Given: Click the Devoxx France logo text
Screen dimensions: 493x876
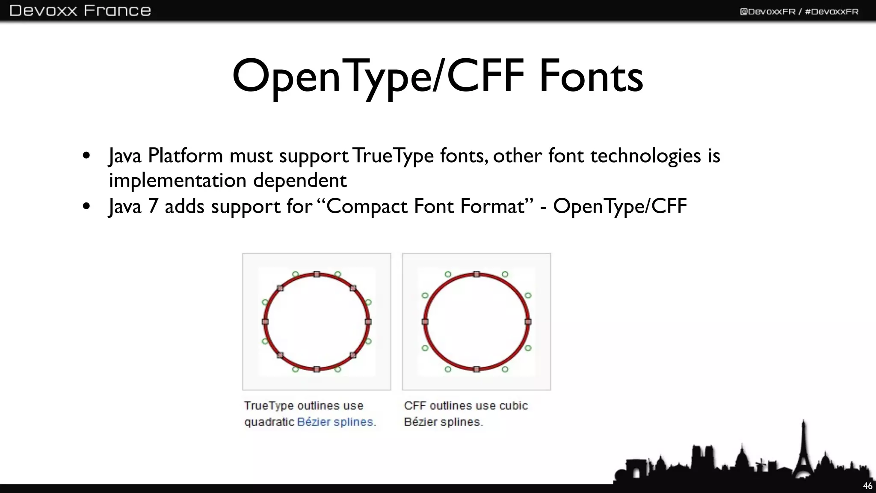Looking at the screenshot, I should [x=80, y=10].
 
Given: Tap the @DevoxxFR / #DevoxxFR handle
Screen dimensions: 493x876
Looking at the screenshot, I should [x=799, y=12].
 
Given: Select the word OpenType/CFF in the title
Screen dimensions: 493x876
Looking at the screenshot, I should [x=378, y=77].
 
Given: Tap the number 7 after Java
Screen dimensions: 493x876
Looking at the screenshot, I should [x=153, y=206].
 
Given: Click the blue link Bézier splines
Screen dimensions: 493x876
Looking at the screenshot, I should [x=336, y=422].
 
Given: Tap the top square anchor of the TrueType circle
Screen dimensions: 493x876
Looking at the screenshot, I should [x=317, y=274].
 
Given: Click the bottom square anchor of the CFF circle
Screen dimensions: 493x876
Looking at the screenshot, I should [x=476, y=369].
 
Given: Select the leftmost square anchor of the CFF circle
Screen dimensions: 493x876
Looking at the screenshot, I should [x=425, y=322].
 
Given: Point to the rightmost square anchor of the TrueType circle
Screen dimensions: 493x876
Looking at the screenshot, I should [x=368, y=322].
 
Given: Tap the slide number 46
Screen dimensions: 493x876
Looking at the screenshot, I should [x=867, y=486].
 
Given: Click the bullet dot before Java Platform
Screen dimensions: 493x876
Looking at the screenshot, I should [x=86, y=156].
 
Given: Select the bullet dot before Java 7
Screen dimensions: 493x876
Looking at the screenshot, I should [x=86, y=206].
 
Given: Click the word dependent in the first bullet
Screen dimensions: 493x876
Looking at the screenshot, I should [x=300, y=181].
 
